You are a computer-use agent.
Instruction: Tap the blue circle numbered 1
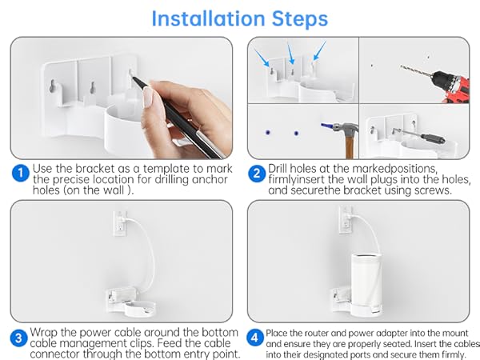[19, 173]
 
